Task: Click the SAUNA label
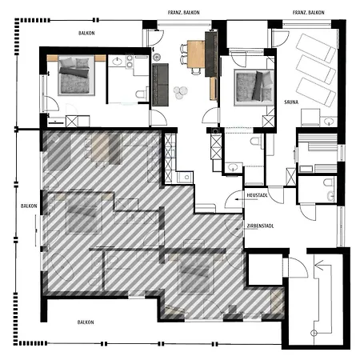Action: (291, 102)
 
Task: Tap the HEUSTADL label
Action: (257, 195)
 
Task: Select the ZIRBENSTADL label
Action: (260, 226)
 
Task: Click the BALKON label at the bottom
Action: (86, 322)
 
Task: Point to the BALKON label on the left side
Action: (29, 206)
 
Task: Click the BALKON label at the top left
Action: (86, 33)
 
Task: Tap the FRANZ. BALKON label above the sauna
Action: (309, 13)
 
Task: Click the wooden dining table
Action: (196, 54)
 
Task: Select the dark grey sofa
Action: (160, 85)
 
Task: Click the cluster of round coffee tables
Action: (180, 92)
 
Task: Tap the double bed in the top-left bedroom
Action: (77, 75)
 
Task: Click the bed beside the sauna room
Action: (254, 87)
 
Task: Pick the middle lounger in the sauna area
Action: (316, 70)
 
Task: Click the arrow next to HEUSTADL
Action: (241, 199)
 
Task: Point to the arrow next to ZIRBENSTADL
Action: (241, 229)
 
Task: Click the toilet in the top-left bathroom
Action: (141, 94)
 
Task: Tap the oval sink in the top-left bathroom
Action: (117, 62)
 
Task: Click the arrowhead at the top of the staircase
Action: (319, 265)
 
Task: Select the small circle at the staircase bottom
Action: (314, 333)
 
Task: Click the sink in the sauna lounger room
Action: (329, 122)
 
